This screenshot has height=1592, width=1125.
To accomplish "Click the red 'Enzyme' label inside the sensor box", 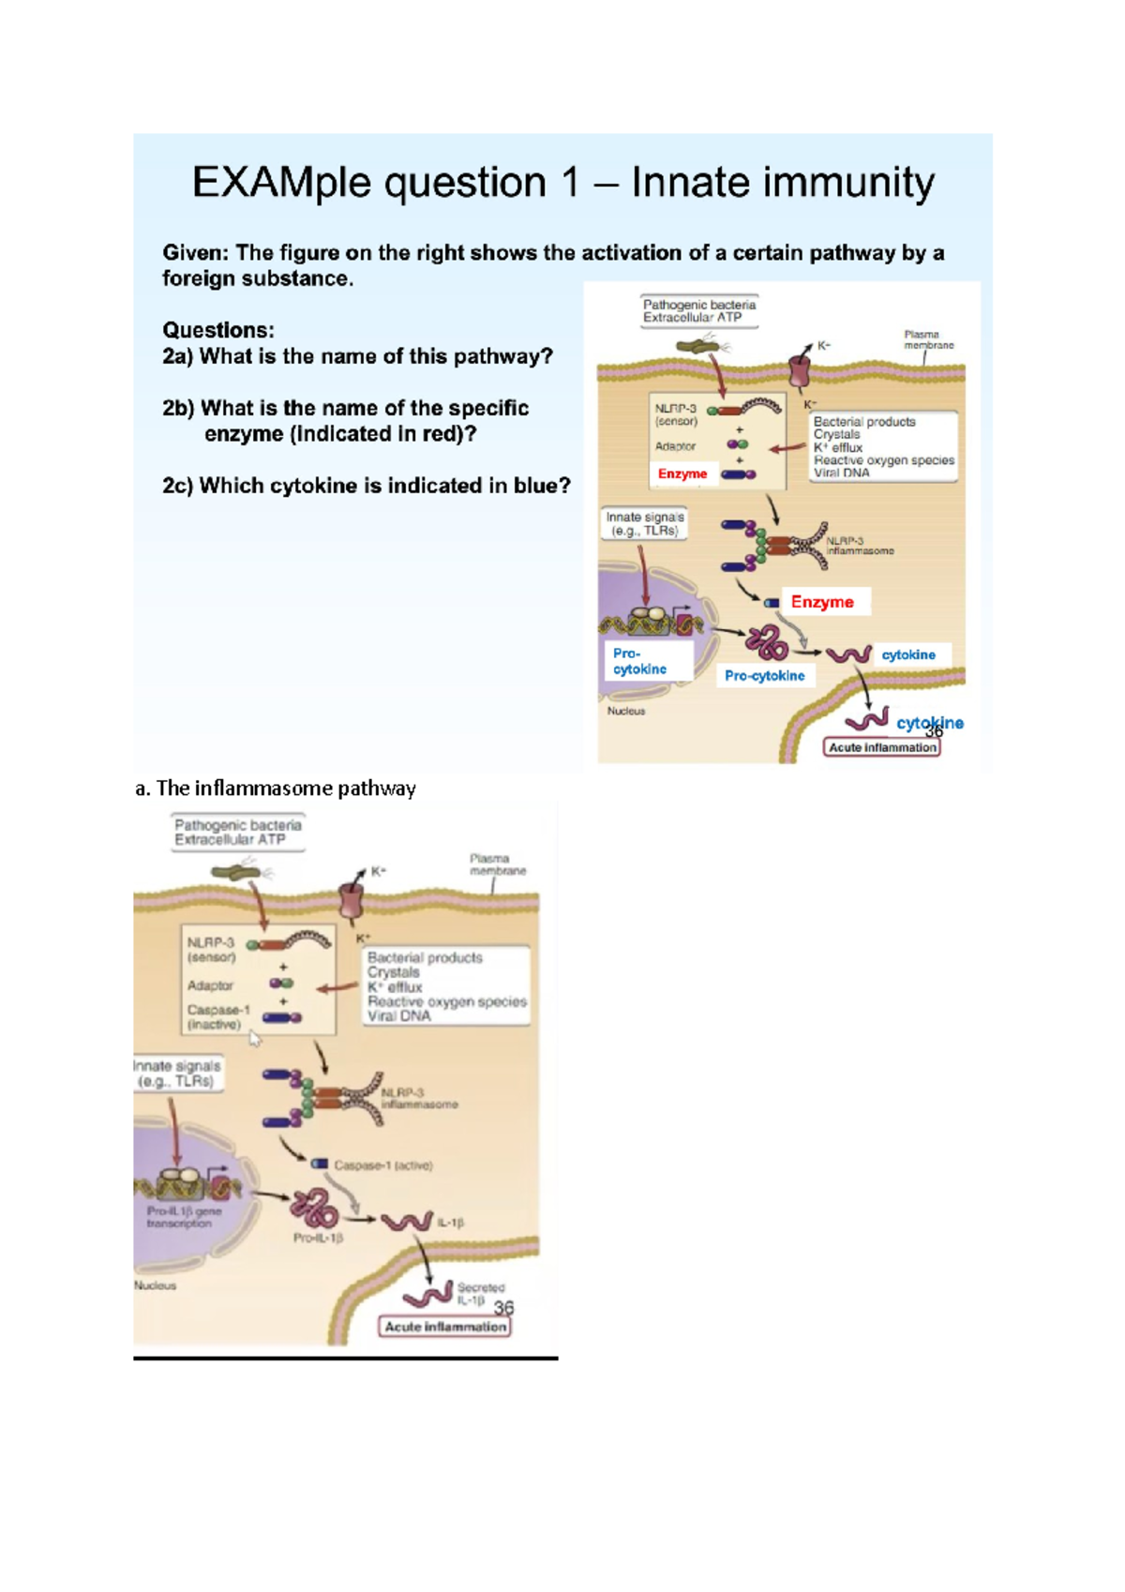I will click(682, 473).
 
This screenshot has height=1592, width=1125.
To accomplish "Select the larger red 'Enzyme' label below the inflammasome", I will click(822, 602).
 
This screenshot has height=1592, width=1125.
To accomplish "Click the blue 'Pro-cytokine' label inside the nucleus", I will click(639, 661).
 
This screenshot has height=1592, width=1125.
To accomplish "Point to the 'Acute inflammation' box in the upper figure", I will click(882, 747).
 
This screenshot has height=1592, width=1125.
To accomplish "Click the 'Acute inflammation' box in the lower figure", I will click(446, 1327).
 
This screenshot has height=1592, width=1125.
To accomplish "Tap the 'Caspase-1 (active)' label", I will click(383, 1165).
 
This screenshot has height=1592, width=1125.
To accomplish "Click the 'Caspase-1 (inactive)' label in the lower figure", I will click(217, 1017).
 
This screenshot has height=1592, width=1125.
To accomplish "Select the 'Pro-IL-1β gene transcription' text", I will click(183, 1217).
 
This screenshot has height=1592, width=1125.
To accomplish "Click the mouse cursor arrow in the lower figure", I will click(255, 1039).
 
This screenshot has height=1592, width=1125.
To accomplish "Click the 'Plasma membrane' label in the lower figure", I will click(497, 864).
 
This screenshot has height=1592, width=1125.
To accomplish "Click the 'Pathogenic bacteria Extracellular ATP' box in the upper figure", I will click(699, 311).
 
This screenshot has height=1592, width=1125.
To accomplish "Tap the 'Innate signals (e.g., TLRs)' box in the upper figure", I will click(645, 523).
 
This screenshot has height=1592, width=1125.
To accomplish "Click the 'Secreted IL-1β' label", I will click(480, 1294).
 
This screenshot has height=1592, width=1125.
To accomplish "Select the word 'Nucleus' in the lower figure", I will click(155, 1285).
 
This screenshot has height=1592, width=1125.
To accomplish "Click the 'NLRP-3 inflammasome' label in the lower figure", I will click(418, 1099).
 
